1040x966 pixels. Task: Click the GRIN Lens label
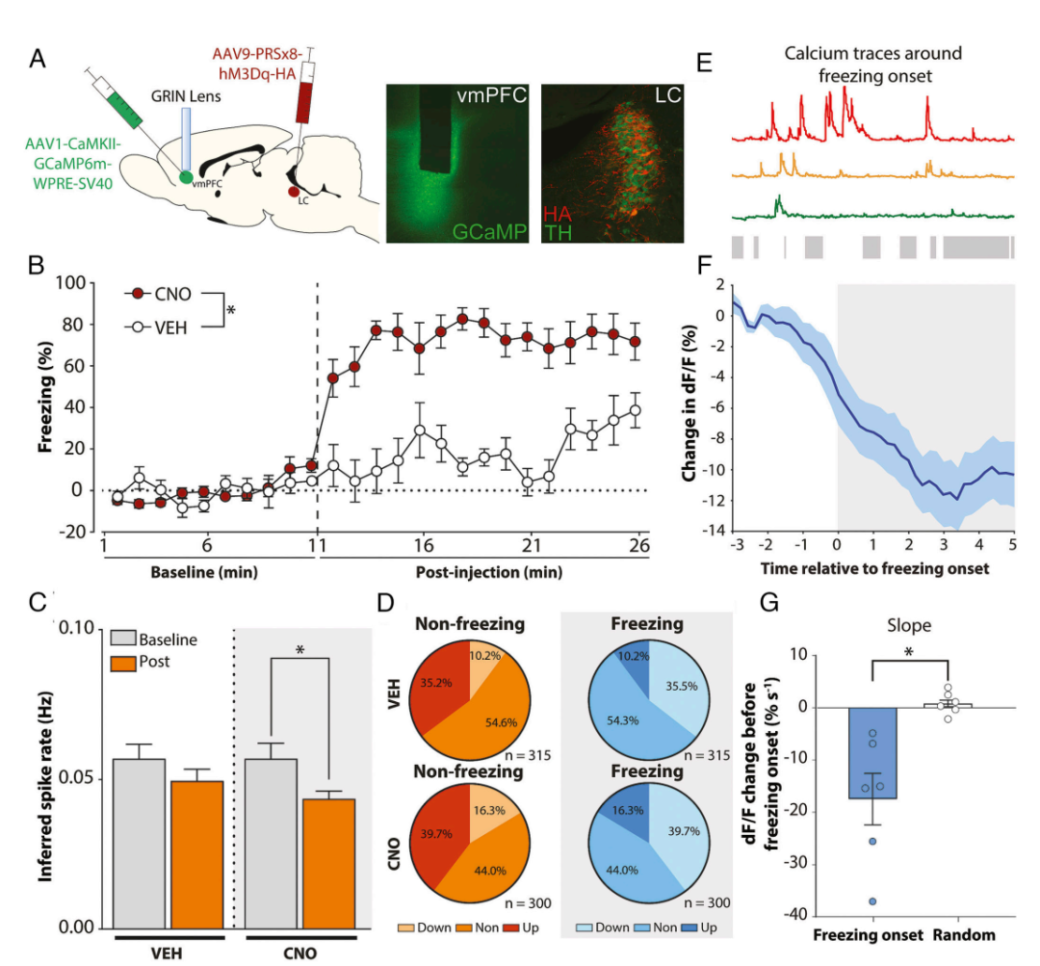click(186, 96)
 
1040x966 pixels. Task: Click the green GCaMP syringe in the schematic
click(118, 104)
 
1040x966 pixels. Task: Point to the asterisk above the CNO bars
click(299, 650)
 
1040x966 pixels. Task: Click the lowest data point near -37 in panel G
click(873, 901)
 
